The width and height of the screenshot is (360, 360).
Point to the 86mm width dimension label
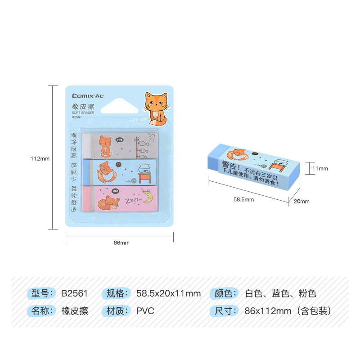tap(121, 243)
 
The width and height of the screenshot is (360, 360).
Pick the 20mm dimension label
tap(301, 201)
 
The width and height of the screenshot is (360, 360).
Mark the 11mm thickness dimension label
tap(320, 168)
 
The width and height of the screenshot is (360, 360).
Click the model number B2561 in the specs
tap(74, 294)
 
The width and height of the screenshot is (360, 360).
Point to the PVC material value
tap(145, 311)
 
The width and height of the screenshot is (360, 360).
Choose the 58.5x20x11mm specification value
tap(168, 294)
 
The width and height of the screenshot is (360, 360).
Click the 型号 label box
tap(43, 294)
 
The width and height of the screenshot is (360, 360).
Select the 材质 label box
tap(117, 311)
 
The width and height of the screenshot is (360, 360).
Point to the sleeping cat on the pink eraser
tap(109, 203)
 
